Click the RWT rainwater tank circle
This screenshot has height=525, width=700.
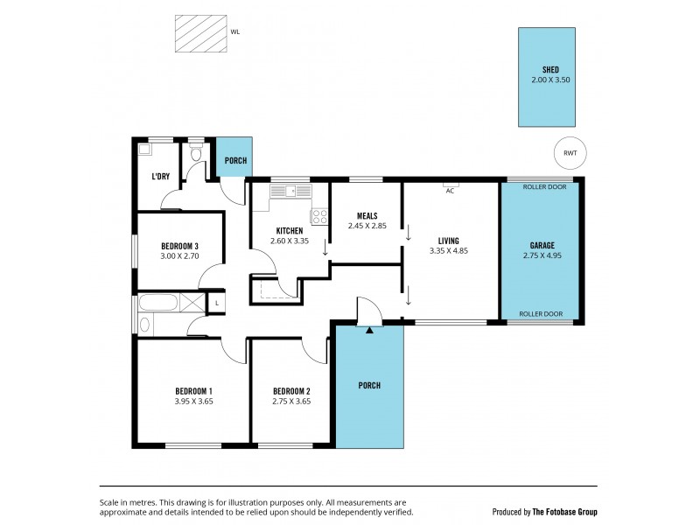[x=570, y=153]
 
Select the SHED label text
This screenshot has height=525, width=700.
[x=550, y=70]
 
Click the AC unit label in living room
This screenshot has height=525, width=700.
[x=451, y=190]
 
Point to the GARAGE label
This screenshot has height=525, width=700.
[x=542, y=246]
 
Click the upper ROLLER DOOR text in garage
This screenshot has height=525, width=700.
[x=543, y=187]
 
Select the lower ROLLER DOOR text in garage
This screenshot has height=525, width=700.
[x=540, y=313]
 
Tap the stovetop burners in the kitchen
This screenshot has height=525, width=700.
[x=319, y=215]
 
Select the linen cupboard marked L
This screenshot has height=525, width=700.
[x=216, y=303]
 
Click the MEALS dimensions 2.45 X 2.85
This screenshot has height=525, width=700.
[x=367, y=227]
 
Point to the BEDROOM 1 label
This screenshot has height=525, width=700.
[x=194, y=390]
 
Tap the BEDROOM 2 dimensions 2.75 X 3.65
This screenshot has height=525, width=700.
[x=291, y=402]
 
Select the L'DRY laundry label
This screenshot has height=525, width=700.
[x=160, y=177]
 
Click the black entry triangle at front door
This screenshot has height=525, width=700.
[x=370, y=331]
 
